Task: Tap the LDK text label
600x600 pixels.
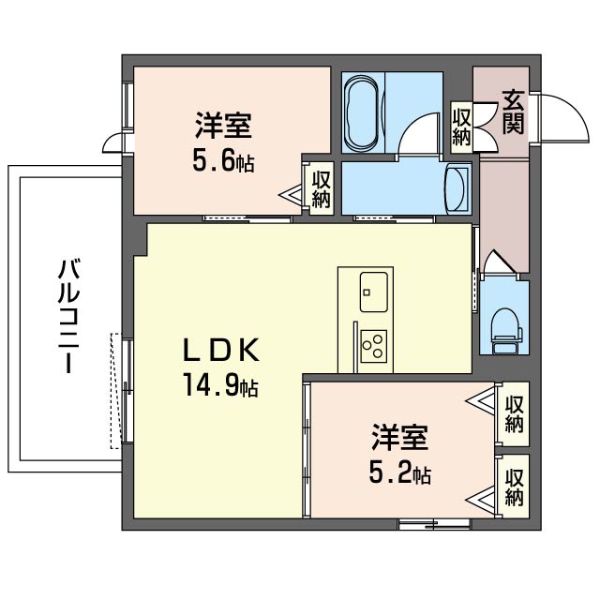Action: pos(218,350)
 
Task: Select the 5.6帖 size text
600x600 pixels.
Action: pos(223,161)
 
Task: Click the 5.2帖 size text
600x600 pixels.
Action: pos(399,473)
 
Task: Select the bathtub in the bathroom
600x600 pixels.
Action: pos(361,112)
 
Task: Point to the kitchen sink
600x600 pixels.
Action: pos(374,288)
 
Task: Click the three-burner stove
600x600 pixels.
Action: pos(373,345)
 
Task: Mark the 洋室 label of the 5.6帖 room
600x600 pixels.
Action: pos(223,126)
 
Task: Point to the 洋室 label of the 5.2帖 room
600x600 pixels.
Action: pos(399,437)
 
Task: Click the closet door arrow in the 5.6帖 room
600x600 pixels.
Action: pos(294,195)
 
